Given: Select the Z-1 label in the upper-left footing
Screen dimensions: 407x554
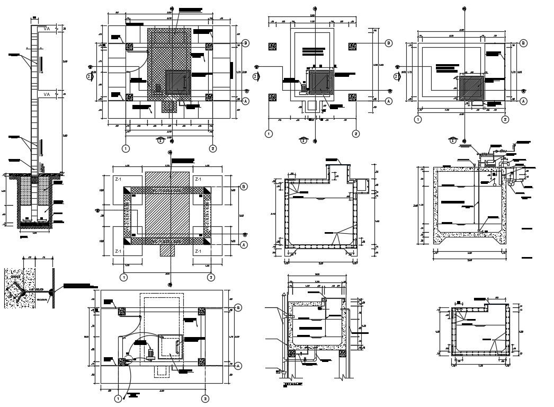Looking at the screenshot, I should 119,180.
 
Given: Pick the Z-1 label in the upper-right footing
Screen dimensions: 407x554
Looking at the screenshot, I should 199,180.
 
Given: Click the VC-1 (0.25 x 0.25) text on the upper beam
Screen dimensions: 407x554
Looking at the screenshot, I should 167,189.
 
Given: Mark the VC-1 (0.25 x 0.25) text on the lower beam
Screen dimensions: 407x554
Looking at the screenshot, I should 167,242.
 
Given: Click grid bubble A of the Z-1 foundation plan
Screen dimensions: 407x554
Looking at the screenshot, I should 244,245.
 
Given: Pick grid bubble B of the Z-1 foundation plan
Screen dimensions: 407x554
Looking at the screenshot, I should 244,187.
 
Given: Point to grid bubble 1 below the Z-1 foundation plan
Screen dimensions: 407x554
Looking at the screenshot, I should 124,277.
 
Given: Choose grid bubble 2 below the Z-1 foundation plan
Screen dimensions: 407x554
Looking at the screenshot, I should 210,277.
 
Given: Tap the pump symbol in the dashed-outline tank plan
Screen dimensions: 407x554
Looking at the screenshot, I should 150,353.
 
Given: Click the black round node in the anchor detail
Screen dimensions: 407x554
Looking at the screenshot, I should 51,292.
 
